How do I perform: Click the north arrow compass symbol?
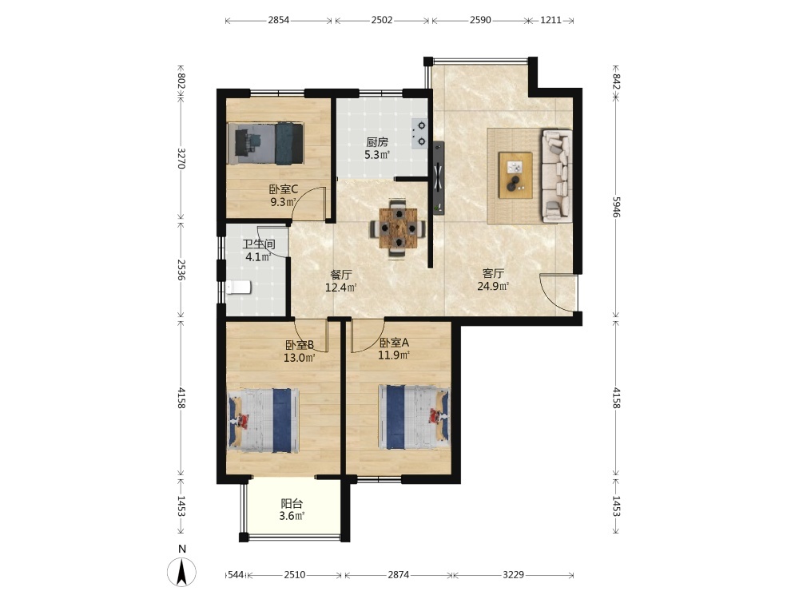[181, 572]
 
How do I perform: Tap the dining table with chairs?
[398, 228]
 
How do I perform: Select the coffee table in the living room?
[515, 175]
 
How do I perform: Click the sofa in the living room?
[557, 176]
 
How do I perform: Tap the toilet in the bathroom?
[238, 288]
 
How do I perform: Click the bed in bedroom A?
[414, 417]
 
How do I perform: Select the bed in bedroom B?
[263, 421]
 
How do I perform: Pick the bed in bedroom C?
[266, 143]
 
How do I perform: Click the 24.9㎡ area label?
[493, 286]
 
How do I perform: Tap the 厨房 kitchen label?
[377, 142]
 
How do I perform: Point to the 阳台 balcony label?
[292, 504]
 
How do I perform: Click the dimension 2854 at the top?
[278, 21]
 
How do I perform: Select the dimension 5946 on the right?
[616, 207]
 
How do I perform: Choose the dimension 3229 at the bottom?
[513, 574]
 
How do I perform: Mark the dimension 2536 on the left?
[181, 269]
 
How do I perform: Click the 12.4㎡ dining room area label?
[341, 288]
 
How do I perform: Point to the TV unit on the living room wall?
[438, 178]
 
